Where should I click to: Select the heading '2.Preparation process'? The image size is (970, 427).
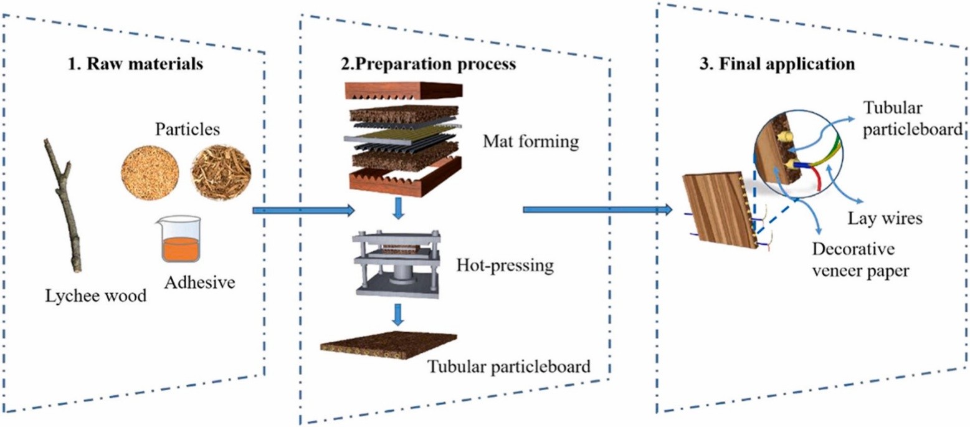pyautogui.click(x=419, y=64)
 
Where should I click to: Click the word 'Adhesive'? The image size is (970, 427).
pyautogui.click(x=199, y=282)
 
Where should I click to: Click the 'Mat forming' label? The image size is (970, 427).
pyautogui.click(x=531, y=143)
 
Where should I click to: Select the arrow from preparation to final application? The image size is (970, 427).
pyautogui.click(x=598, y=210)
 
